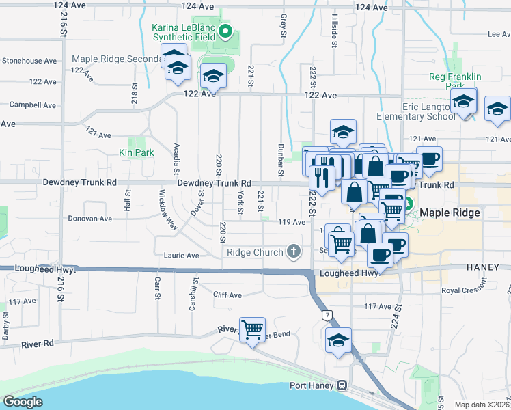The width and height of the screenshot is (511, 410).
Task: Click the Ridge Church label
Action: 255,252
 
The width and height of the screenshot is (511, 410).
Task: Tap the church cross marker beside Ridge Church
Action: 294,252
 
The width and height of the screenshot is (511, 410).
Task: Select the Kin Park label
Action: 136,152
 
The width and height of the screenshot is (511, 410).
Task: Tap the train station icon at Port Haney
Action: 340,385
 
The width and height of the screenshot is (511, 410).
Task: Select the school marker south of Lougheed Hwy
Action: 339,340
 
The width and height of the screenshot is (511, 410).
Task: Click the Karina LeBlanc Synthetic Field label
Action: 184,32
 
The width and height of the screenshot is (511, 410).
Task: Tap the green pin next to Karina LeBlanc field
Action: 229,31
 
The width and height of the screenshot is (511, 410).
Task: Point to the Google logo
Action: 23,402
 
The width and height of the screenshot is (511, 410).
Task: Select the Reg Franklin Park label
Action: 452,81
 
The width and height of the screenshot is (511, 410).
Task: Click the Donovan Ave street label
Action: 89,219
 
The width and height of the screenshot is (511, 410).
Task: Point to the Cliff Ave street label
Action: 227,295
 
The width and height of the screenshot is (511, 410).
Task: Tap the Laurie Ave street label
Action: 181,256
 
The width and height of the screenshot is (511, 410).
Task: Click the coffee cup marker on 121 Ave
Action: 430,159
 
